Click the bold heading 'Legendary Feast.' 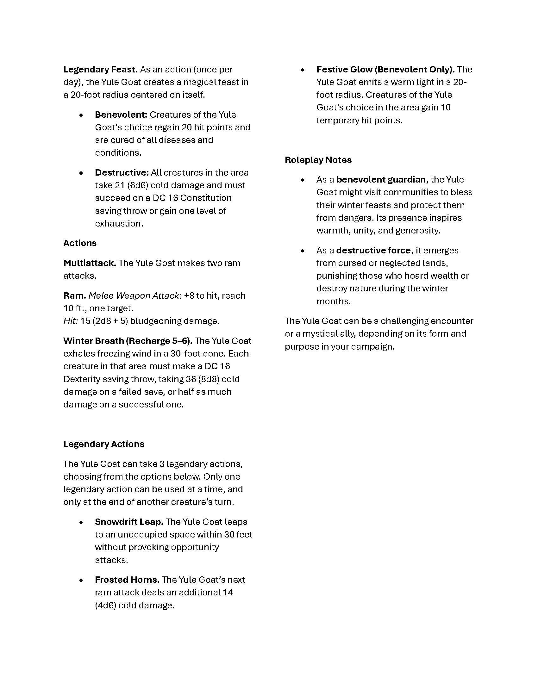point(100,70)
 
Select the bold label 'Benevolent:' point(121,115)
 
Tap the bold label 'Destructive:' point(122,173)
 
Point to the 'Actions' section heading point(80,243)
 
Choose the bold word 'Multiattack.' point(90,263)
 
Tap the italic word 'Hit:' point(70,321)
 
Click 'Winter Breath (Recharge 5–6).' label point(128,341)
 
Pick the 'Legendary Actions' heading point(103,444)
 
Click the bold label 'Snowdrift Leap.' point(129,522)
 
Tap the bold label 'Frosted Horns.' point(127,580)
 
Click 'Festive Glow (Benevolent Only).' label point(385,70)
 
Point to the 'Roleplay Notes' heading point(318,160)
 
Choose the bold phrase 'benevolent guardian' point(381,180)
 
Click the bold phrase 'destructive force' point(373,251)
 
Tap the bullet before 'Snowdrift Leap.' point(81,522)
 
